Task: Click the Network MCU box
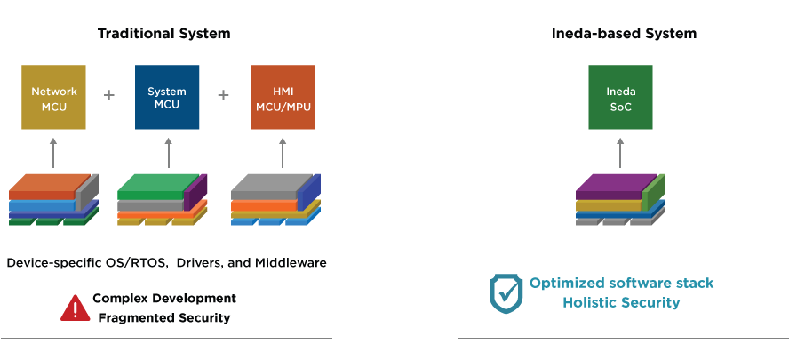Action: (x=54, y=97)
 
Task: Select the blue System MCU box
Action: (x=166, y=97)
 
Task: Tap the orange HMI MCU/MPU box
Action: (x=283, y=97)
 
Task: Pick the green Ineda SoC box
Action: (x=620, y=97)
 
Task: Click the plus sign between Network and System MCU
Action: (x=109, y=95)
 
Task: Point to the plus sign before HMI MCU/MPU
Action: (x=223, y=95)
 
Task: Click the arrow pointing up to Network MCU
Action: (x=53, y=152)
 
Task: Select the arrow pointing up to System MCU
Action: (x=168, y=152)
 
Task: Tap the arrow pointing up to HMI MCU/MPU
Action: (x=283, y=152)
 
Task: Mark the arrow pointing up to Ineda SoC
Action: (x=620, y=152)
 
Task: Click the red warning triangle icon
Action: (x=75, y=308)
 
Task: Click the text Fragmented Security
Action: (x=164, y=317)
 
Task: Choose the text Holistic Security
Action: (x=621, y=303)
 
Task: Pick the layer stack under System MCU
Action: (x=163, y=200)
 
